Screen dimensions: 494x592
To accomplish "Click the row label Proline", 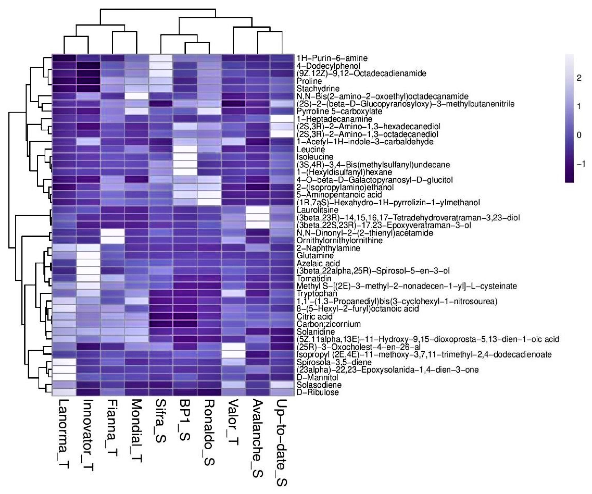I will click(x=309, y=81).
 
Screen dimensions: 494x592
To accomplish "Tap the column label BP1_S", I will click(x=185, y=420).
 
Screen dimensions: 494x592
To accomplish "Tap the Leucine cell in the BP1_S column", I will click(x=185, y=149).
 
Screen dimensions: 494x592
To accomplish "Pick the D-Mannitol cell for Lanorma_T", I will click(x=64, y=377).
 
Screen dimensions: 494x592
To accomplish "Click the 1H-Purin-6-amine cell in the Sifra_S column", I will click(x=161, y=58).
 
